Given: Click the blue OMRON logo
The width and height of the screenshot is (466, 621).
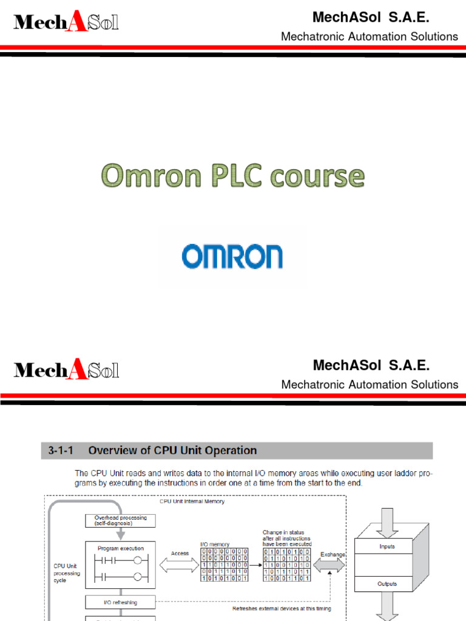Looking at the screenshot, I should [232, 257].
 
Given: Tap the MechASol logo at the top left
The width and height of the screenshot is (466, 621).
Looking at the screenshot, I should [66, 22].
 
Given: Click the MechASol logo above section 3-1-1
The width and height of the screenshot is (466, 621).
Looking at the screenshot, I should [66, 369].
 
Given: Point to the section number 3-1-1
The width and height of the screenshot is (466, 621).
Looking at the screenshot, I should [62, 451].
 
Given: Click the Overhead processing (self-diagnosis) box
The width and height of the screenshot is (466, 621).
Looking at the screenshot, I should [120, 520].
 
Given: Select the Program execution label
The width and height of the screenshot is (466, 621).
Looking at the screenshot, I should [120, 548].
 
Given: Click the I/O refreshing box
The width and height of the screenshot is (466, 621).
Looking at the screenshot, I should [120, 602].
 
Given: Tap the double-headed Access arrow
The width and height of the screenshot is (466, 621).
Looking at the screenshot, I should [179, 565].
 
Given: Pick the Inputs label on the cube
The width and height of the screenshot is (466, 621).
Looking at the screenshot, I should [387, 546].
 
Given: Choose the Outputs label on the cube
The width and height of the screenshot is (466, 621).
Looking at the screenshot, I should [387, 584].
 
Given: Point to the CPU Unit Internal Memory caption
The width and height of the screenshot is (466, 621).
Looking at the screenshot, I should [192, 502].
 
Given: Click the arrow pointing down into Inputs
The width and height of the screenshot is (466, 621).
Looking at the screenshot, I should [387, 515].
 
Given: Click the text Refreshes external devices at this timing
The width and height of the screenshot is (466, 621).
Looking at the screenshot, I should [282, 608].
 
